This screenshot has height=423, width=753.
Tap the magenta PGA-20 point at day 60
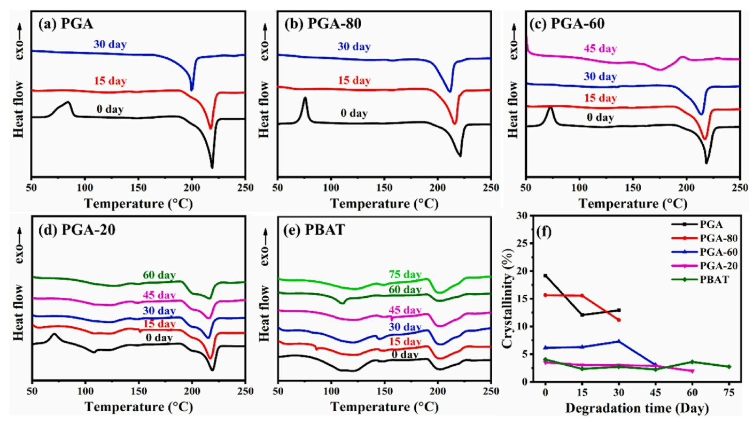[692, 371]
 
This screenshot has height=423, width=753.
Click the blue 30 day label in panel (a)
[110, 45]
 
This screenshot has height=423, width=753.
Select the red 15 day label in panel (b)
[353, 81]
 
